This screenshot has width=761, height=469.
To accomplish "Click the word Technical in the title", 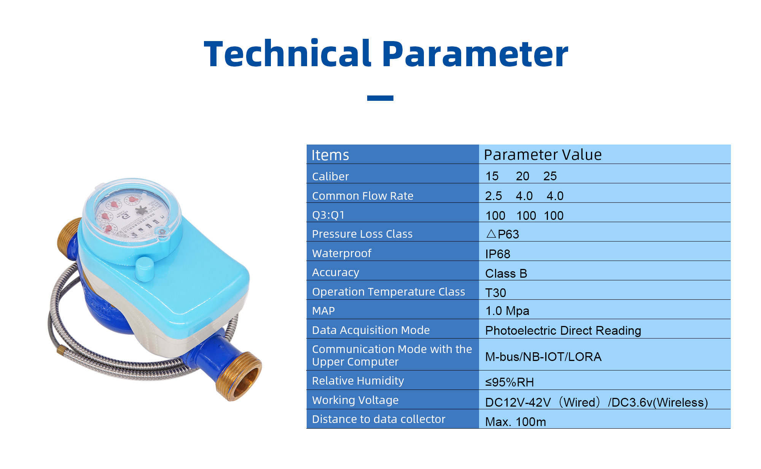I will [x=287, y=54].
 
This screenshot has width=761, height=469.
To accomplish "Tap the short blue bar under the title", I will [x=380, y=98].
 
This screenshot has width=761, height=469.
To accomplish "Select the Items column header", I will [x=330, y=155].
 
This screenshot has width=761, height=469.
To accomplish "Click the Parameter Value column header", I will [x=543, y=155].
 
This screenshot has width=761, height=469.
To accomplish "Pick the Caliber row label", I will [x=330, y=176].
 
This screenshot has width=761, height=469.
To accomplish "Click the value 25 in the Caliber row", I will [x=550, y=176].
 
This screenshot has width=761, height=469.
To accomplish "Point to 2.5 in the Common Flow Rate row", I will [x=494, y=196].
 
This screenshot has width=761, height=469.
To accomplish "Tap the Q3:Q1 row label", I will [x=328, y=215].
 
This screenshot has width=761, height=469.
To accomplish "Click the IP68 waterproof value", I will [x=498, y=254].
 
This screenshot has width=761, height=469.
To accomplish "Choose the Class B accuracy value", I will [x=506, y=273].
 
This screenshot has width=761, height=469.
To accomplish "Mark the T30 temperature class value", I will [x=495, y=293].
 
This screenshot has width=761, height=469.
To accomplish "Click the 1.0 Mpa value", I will [x=507, y=311].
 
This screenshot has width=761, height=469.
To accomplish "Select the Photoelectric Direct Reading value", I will [x=563, y=331].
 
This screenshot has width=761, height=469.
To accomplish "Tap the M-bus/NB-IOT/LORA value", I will [x=543, y=357].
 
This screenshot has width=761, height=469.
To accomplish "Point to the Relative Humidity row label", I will [x=358, y=381].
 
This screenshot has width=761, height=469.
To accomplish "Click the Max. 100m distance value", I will [x=516, y=422].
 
